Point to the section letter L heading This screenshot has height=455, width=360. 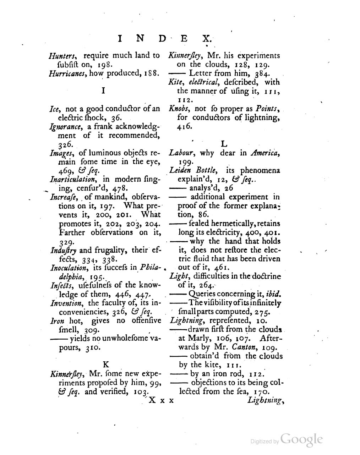coord(224,144)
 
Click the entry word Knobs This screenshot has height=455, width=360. coord(180,109)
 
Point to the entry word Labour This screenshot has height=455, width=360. coord(182,153)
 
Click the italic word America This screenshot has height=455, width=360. coord(265,153)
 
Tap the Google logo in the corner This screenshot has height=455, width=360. coord(301,440)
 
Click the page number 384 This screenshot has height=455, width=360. coord(263,73)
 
